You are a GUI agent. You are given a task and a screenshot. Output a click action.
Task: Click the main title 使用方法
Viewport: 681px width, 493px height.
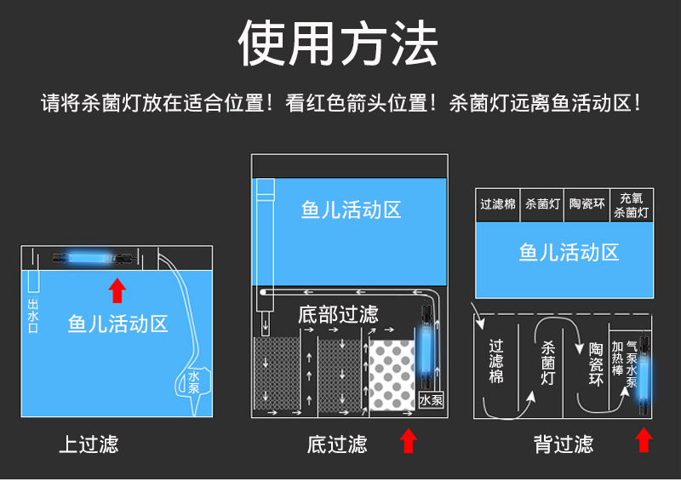[x=338, y=43]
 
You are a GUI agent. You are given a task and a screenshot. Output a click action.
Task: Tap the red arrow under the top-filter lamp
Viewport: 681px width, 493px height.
[x=117, y=290]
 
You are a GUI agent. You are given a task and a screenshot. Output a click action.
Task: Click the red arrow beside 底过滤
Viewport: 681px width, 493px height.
[x=409, y=441]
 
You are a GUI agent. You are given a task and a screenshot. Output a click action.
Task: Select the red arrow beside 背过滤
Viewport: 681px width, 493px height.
[x=644, y=441]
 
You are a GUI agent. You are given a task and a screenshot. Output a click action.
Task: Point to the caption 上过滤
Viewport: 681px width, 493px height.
[x=89, y=444]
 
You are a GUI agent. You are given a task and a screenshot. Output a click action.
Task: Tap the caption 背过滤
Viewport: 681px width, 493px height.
[x=564, y=444]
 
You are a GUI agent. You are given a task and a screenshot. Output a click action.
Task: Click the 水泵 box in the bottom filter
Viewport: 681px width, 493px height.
[x=430, y=398]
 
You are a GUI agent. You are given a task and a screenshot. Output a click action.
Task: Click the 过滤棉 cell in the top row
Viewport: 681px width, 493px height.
[x=497, y=205]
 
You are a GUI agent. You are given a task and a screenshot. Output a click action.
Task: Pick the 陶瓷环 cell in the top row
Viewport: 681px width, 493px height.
[x=587, y=205]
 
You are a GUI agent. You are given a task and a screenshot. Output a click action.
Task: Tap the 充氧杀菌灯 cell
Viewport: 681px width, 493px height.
[x=631, y=205]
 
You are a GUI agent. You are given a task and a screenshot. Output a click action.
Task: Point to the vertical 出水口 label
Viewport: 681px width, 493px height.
[x=33, y=316]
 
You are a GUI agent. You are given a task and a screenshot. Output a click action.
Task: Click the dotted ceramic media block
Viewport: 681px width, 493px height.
[x=392, y=374]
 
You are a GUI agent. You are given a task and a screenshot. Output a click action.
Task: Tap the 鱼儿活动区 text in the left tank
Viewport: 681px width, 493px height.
[x=117, y=324]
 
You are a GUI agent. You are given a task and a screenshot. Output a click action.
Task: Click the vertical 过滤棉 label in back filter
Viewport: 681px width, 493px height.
[x=496, y=362]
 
